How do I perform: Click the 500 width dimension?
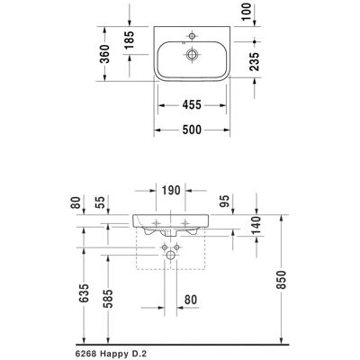click(x=192, y=130)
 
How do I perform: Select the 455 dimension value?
click(x=192, y=105)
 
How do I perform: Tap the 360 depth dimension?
click(x=104, y=54)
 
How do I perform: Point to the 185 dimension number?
click(x=130, y=40)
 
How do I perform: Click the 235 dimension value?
click(x=255, y=61)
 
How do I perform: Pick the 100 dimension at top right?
click(x=247, y=12)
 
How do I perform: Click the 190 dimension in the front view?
click(x=171, y=190)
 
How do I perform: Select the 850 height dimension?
click(x=282, y=280)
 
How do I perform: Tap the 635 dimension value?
click(x=85, y=292)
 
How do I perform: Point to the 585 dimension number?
click(x=108, y=299)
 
